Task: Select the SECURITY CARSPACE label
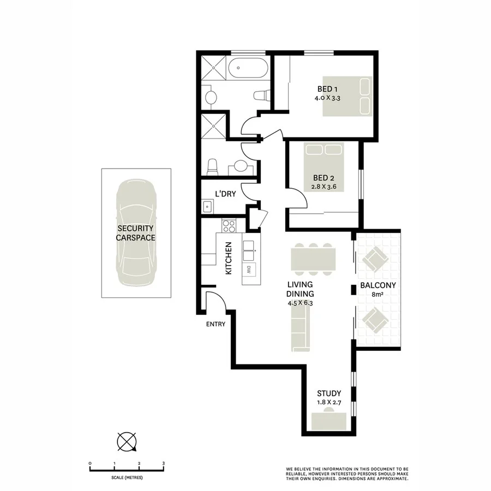click(135, 233)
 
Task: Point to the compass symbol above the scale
click(127, 440)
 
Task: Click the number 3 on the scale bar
click(164, 463)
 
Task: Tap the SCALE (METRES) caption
click(127, 477)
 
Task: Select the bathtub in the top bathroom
click(248, 70)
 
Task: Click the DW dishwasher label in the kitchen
click(248, 268)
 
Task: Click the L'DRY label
click(225, 194)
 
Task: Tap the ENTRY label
click(215, 324)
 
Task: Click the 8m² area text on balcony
click(378, 295)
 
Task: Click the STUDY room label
click(329, 393)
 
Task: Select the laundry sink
click(208, 207)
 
